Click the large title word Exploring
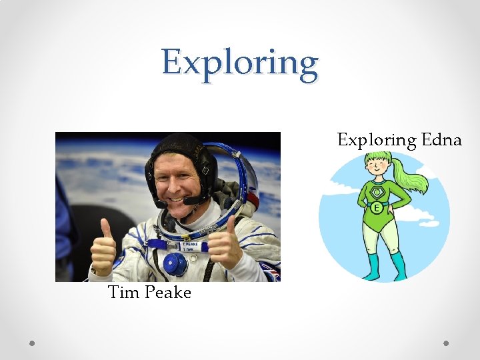(x=239, y=63)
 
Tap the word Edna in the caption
(x=441, y=140)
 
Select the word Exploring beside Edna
(x=376, y=140)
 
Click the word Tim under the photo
(x=123, y=292)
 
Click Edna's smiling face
(x=377, y=168)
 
